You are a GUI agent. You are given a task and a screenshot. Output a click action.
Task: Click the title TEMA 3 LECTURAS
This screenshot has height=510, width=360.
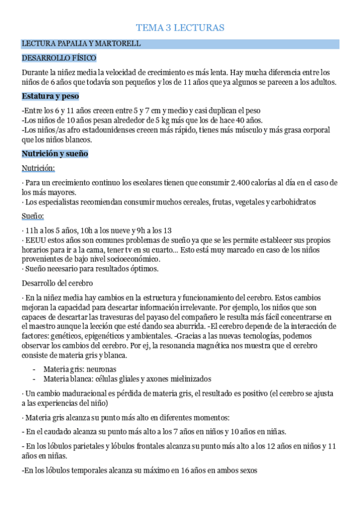(180, 28)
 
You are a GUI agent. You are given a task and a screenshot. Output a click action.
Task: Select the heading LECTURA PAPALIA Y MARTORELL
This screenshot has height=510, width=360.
(81, 44)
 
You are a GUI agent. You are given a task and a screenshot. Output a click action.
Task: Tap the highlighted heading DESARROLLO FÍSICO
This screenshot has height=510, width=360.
(59, 58)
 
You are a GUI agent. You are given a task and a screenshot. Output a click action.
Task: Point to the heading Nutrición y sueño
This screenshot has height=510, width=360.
(55, 155)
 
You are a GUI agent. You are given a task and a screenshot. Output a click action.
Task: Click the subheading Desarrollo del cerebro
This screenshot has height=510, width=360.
(56, 283)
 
